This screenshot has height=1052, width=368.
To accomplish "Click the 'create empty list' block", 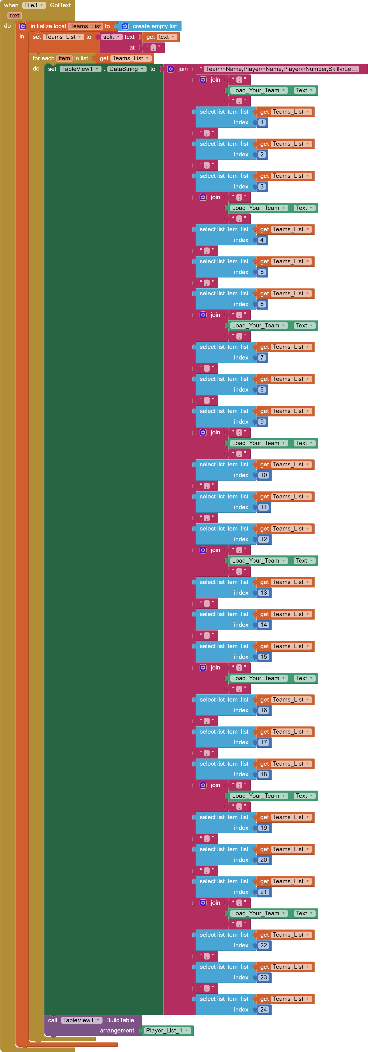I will tap(155, 26).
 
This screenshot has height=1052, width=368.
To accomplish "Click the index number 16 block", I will tap(263, 710).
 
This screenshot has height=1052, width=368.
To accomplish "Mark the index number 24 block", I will tap(263, 1009).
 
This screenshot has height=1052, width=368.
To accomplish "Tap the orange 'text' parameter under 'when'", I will tap(15, 15).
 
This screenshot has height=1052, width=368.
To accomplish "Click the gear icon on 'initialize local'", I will tap(23, 26).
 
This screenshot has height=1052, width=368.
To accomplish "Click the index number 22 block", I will tap(263, 945).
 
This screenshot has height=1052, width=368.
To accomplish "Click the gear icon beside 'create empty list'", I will tap(125, 26).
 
